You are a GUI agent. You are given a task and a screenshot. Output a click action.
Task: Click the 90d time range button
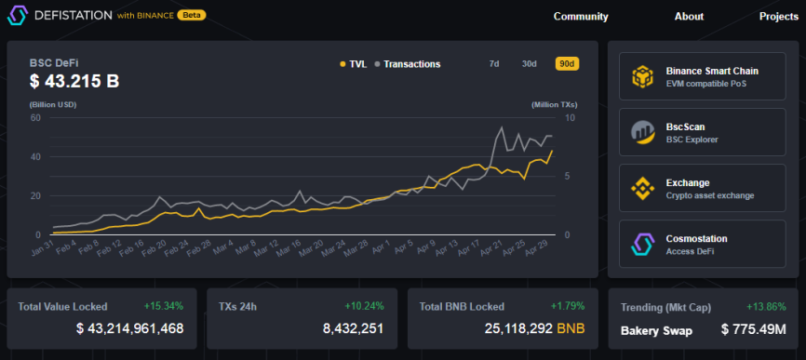click(567, 63)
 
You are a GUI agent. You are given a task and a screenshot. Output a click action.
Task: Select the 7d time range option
click(494, 63)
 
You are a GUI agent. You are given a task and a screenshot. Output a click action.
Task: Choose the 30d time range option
click(529, 63)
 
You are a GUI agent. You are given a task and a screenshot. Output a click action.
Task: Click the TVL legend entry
click(353, 64)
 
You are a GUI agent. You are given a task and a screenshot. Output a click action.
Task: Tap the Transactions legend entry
click(408, 64)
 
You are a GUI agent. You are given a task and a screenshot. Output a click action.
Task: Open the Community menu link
click(581, 17)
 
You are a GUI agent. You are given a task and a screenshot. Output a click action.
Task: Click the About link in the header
click(689, 17)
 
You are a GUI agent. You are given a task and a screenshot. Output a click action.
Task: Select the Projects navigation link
click(779, 17)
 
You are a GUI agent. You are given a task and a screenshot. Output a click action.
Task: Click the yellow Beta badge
click(191, 16)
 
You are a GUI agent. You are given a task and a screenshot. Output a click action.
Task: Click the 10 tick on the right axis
click(571, 117)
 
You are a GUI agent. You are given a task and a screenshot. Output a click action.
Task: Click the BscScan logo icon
click(642, 132)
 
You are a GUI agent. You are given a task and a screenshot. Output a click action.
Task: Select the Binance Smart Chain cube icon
click(642, 76)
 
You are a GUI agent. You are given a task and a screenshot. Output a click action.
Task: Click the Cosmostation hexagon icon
click(642, 244)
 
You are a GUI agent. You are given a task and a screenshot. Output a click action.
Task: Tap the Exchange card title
click(688, 183)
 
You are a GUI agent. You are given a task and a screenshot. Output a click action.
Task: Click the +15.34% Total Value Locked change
click(164, 306)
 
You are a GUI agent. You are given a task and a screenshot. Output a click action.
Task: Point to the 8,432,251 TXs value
click(353, 328)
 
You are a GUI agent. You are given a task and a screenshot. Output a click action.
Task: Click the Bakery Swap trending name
click(656, 331)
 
